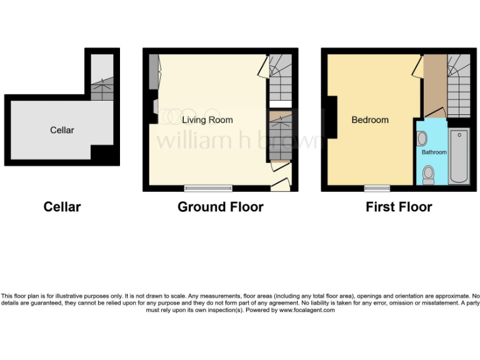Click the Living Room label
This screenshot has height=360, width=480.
207,120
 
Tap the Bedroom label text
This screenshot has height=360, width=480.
369,120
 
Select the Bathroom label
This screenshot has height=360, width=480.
433,152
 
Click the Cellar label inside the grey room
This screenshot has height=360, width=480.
62,130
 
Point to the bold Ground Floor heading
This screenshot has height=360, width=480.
220,207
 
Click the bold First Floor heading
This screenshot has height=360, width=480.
399,207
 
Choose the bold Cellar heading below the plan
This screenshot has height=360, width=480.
62,207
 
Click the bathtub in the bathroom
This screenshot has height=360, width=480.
458,156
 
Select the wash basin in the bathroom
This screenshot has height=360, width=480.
422,139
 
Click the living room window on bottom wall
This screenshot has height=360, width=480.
208,187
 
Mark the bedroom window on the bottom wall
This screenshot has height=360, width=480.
377,187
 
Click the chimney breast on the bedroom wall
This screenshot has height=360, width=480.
330,117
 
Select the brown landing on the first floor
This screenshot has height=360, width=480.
435,84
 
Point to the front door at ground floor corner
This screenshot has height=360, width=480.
281,184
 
